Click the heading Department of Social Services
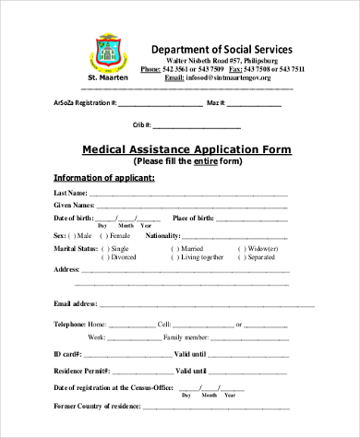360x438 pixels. click(x=222, y=49)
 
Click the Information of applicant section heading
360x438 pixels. click(x=103, y=177)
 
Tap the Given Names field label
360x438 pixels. click(x=74, y=205)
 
